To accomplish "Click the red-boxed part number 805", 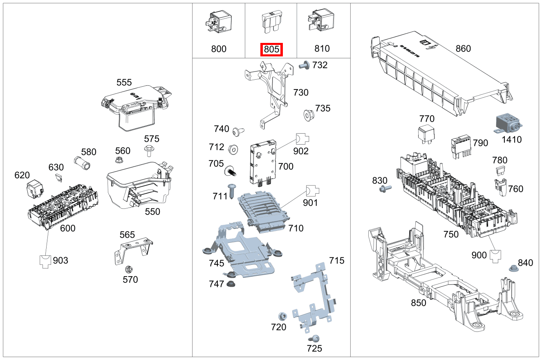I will point(272,49).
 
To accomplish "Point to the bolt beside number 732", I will point(305,65).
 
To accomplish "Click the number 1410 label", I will point(511,139).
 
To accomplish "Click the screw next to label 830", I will point(385,189).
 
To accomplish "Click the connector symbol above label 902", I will point(302,139).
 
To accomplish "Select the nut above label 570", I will point(128,269).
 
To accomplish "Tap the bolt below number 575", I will point(149,151).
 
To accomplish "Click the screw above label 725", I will point(314,338).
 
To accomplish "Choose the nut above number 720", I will point(282,316).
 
